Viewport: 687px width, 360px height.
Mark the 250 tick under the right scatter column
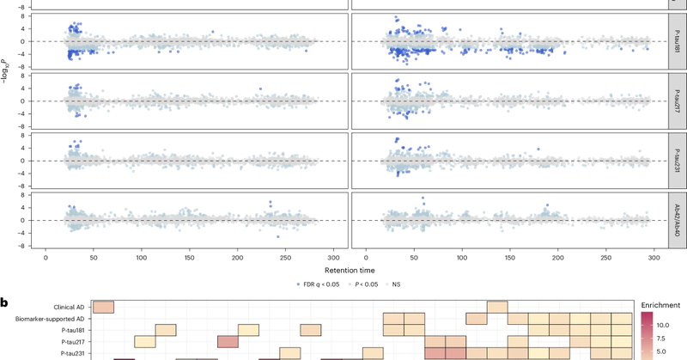pyautogui.click(x=606, y=257)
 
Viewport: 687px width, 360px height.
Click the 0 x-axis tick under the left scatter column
pyautogui.click(x=46, y=257)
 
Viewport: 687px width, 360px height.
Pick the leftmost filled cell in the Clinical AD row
pyautogui.click(x=103, y=308)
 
